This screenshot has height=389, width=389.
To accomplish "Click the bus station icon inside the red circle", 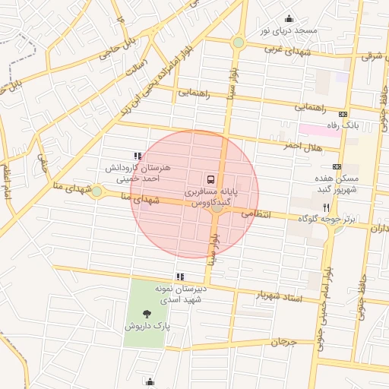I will (x=210, y=179).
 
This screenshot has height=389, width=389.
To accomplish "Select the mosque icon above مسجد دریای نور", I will (x=288, y=19).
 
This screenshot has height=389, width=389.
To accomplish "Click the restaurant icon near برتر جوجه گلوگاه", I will (x=326, y=206).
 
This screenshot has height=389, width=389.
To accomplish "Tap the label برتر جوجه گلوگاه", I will (x=325, y=218).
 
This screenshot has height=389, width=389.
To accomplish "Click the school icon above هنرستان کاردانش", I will (x=137, y=156).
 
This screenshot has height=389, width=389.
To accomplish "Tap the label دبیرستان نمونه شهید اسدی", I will (x=180, y=294).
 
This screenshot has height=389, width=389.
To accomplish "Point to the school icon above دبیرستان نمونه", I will (x=179, y=277).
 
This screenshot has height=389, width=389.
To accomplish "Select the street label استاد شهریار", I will (x=277, y=296).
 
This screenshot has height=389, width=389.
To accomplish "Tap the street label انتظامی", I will (x=256, y=215).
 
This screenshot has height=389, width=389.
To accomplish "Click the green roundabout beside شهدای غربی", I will (x=239, y=43).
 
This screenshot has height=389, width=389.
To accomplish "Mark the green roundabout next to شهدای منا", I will (x=96, y=191).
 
